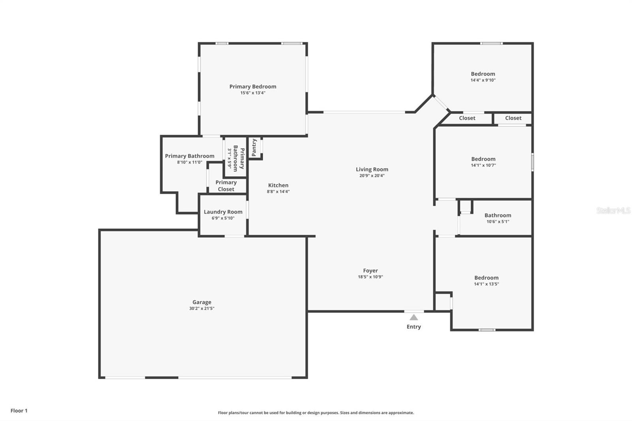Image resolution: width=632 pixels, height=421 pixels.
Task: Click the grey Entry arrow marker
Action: coord(414,318)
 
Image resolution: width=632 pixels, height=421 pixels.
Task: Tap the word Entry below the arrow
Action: coord(414,327)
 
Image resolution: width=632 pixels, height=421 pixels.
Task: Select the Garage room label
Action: coord(202,302)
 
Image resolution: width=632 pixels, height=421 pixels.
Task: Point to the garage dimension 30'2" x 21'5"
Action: coord(202,308)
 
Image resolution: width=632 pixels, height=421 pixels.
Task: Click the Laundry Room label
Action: coord(223,212)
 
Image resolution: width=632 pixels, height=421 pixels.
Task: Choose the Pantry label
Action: coord(254,147)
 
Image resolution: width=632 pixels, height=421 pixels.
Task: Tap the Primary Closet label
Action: coord(226,186)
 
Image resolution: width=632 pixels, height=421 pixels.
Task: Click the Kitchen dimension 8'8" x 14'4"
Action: coord(278,192)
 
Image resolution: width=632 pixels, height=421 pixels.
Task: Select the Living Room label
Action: coord(372,169)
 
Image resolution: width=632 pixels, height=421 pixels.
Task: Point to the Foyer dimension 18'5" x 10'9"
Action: coord(371,277)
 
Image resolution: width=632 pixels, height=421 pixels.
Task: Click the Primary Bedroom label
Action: coord(253,86)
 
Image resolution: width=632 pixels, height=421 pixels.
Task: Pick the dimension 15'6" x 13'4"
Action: coord(253,93)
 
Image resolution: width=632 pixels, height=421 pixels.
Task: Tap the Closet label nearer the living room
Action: coord(467,118)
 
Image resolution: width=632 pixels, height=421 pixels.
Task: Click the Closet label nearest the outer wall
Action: coord(513,118)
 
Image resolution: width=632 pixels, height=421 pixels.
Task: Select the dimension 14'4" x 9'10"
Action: coord(483,80)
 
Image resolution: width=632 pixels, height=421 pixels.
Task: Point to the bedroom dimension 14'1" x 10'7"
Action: coord(483,165)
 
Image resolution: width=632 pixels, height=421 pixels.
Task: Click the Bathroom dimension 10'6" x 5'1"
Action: coord(498,222)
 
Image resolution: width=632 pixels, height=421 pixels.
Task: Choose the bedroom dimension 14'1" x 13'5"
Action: coord(486,284)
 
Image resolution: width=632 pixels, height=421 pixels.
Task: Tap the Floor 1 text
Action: coord(19,411)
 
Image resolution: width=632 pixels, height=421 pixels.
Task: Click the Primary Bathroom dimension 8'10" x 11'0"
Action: coord(190,162)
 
